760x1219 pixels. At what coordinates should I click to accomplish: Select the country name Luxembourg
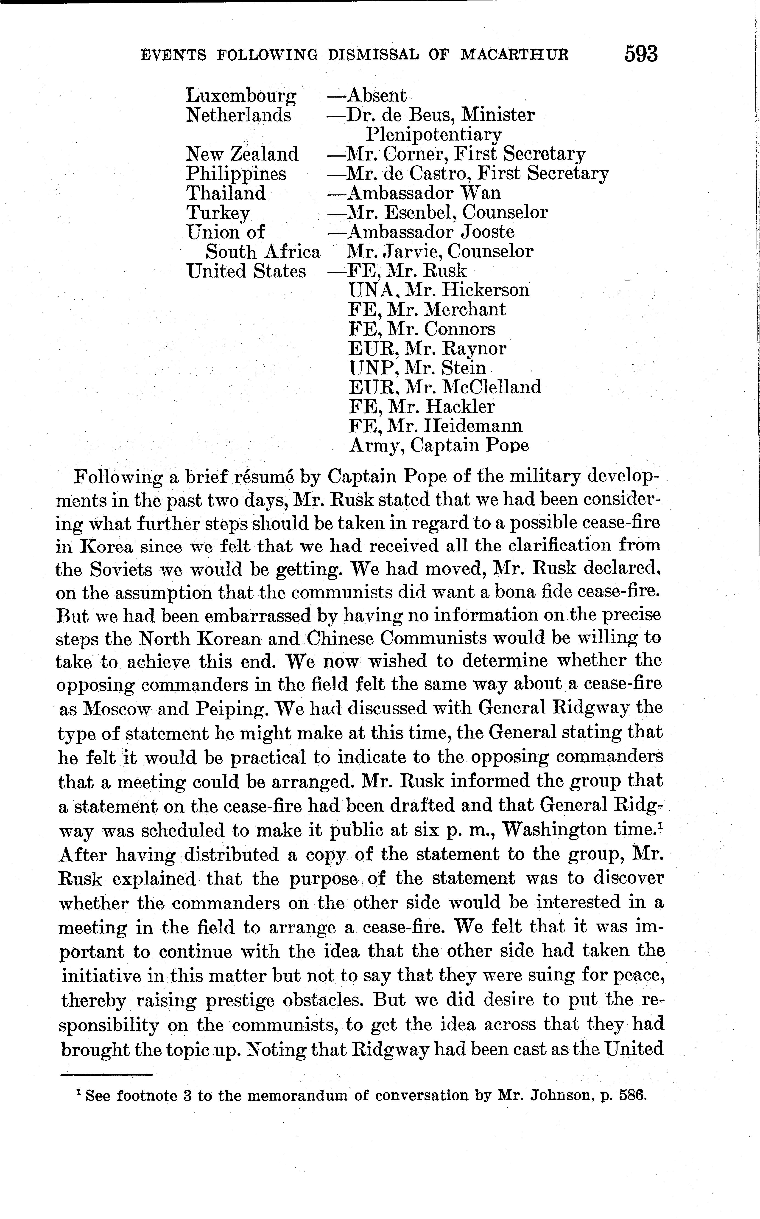tap(241, 95)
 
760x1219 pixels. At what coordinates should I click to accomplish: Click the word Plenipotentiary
tap(433, 135)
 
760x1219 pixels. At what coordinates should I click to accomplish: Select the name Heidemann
tap(472, 426)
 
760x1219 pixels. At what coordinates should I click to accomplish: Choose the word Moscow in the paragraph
tap(117, 709)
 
